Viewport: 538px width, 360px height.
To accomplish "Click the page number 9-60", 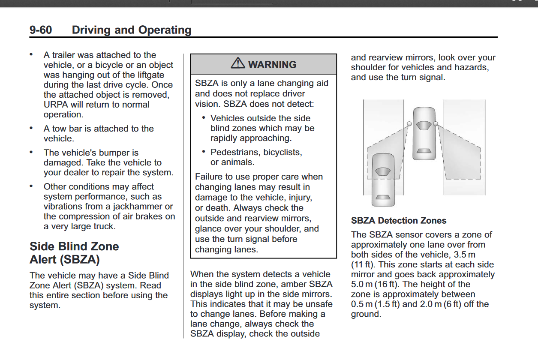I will point(41,30).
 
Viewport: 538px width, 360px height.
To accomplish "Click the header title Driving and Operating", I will point(132,30).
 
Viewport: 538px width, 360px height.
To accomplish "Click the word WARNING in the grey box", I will point(272,65).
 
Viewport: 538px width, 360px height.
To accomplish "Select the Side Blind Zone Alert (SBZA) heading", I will point(74,253).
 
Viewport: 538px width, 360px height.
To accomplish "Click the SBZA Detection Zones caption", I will point(399,221).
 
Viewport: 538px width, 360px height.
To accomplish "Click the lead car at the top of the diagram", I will point(424,133).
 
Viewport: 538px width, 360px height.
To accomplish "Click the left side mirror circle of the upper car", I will point(409,124).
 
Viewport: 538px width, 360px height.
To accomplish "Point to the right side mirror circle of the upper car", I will point(436,124).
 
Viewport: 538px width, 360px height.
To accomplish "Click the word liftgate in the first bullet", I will point(148,75).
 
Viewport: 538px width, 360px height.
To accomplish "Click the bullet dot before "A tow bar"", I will point(31,128).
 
